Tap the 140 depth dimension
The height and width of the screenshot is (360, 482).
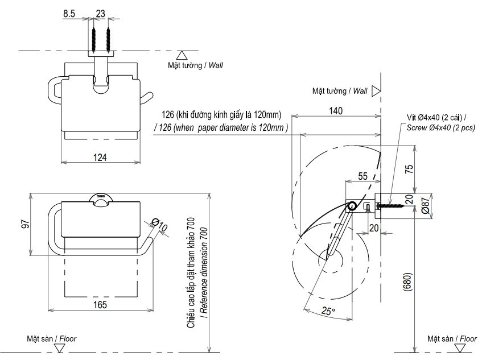click(335, 112)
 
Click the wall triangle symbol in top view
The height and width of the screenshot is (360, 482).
click(182, 55)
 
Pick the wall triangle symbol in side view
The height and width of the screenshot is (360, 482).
click(376, 90)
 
